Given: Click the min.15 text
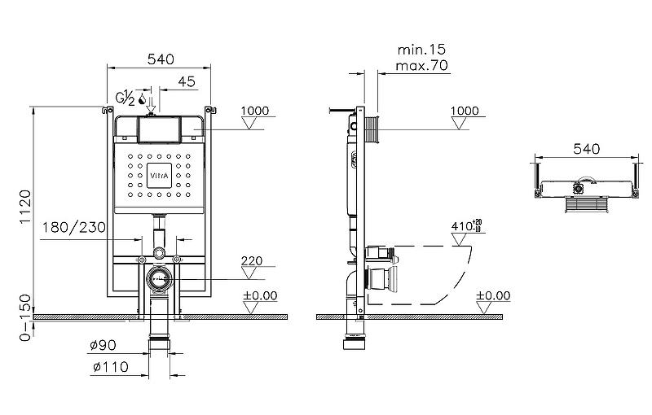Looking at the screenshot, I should pyautogui.click(x=421, y=50).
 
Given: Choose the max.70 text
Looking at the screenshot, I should pyautogui.click(x=421, y=66).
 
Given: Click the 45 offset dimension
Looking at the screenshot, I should pyautogui.click(x=186, y=81).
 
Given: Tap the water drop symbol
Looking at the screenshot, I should pyautogui.click(x=143, y=99).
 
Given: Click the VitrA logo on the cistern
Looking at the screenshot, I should pyautogui.click(x=159, y=173).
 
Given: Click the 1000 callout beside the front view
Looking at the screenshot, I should pyautogui.click(x=255, y=111).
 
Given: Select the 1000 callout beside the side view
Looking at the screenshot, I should pyautogui.click(x=465, y=111).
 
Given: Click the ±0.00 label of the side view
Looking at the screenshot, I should pyautogui.click(x=492, y=295).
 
